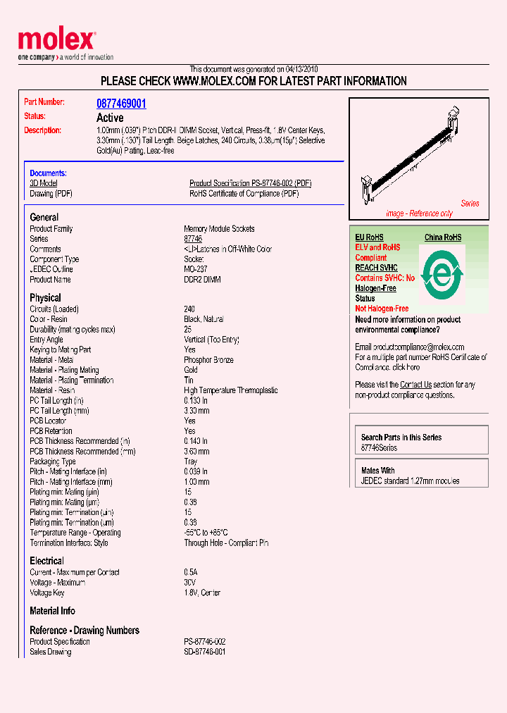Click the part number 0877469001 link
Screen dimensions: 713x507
[x=121, y=104]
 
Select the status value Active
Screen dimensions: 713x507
[x=110, y=118]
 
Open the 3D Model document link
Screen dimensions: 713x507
[x=43, y=183]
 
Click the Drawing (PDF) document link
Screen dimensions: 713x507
[x=51, y=193]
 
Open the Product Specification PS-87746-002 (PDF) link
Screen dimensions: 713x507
[x=250, y=183]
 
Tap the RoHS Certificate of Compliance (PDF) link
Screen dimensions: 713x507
[x=244, y=193]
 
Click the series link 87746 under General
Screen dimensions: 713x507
[x=192, y=239]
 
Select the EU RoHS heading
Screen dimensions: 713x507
[x=369, y=237]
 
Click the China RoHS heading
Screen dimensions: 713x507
[x=442, y=237]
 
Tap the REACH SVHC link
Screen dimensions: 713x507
[x=376, y=268]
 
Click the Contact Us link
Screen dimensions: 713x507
[x=415, y=385]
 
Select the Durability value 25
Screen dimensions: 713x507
[x=188, y=330]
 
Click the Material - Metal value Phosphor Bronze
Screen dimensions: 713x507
[x=208, y=360]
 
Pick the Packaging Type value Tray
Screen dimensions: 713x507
[x=191, y=461]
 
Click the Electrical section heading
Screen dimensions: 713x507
[x=46, y=561]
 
